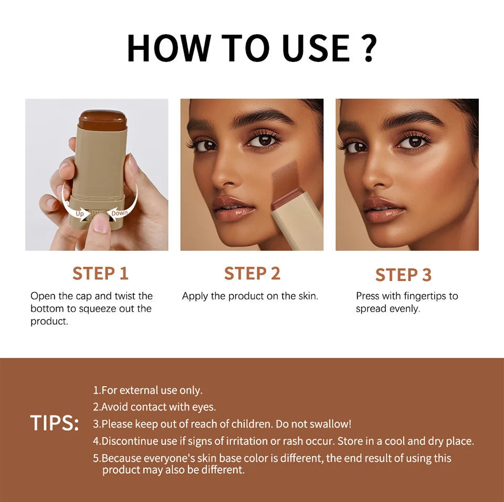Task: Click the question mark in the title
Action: click(x=369, y=48)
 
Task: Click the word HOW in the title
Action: click(x=166, y=48)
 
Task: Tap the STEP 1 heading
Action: click(x=100, y=273)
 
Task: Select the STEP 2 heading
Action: click(x=252, y=273)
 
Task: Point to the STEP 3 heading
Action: click(x=403, y=274)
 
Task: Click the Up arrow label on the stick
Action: click(x=80, y=213)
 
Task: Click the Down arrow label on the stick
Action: click(x=119, y=212)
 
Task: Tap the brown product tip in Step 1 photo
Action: click(x=102, y=119)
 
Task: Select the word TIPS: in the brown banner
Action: click(x=54, y=423)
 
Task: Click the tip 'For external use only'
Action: click(x=148, y=390)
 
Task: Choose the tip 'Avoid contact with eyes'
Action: click(x=154, y=407)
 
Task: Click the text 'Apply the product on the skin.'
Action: click(x=250, y=296)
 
